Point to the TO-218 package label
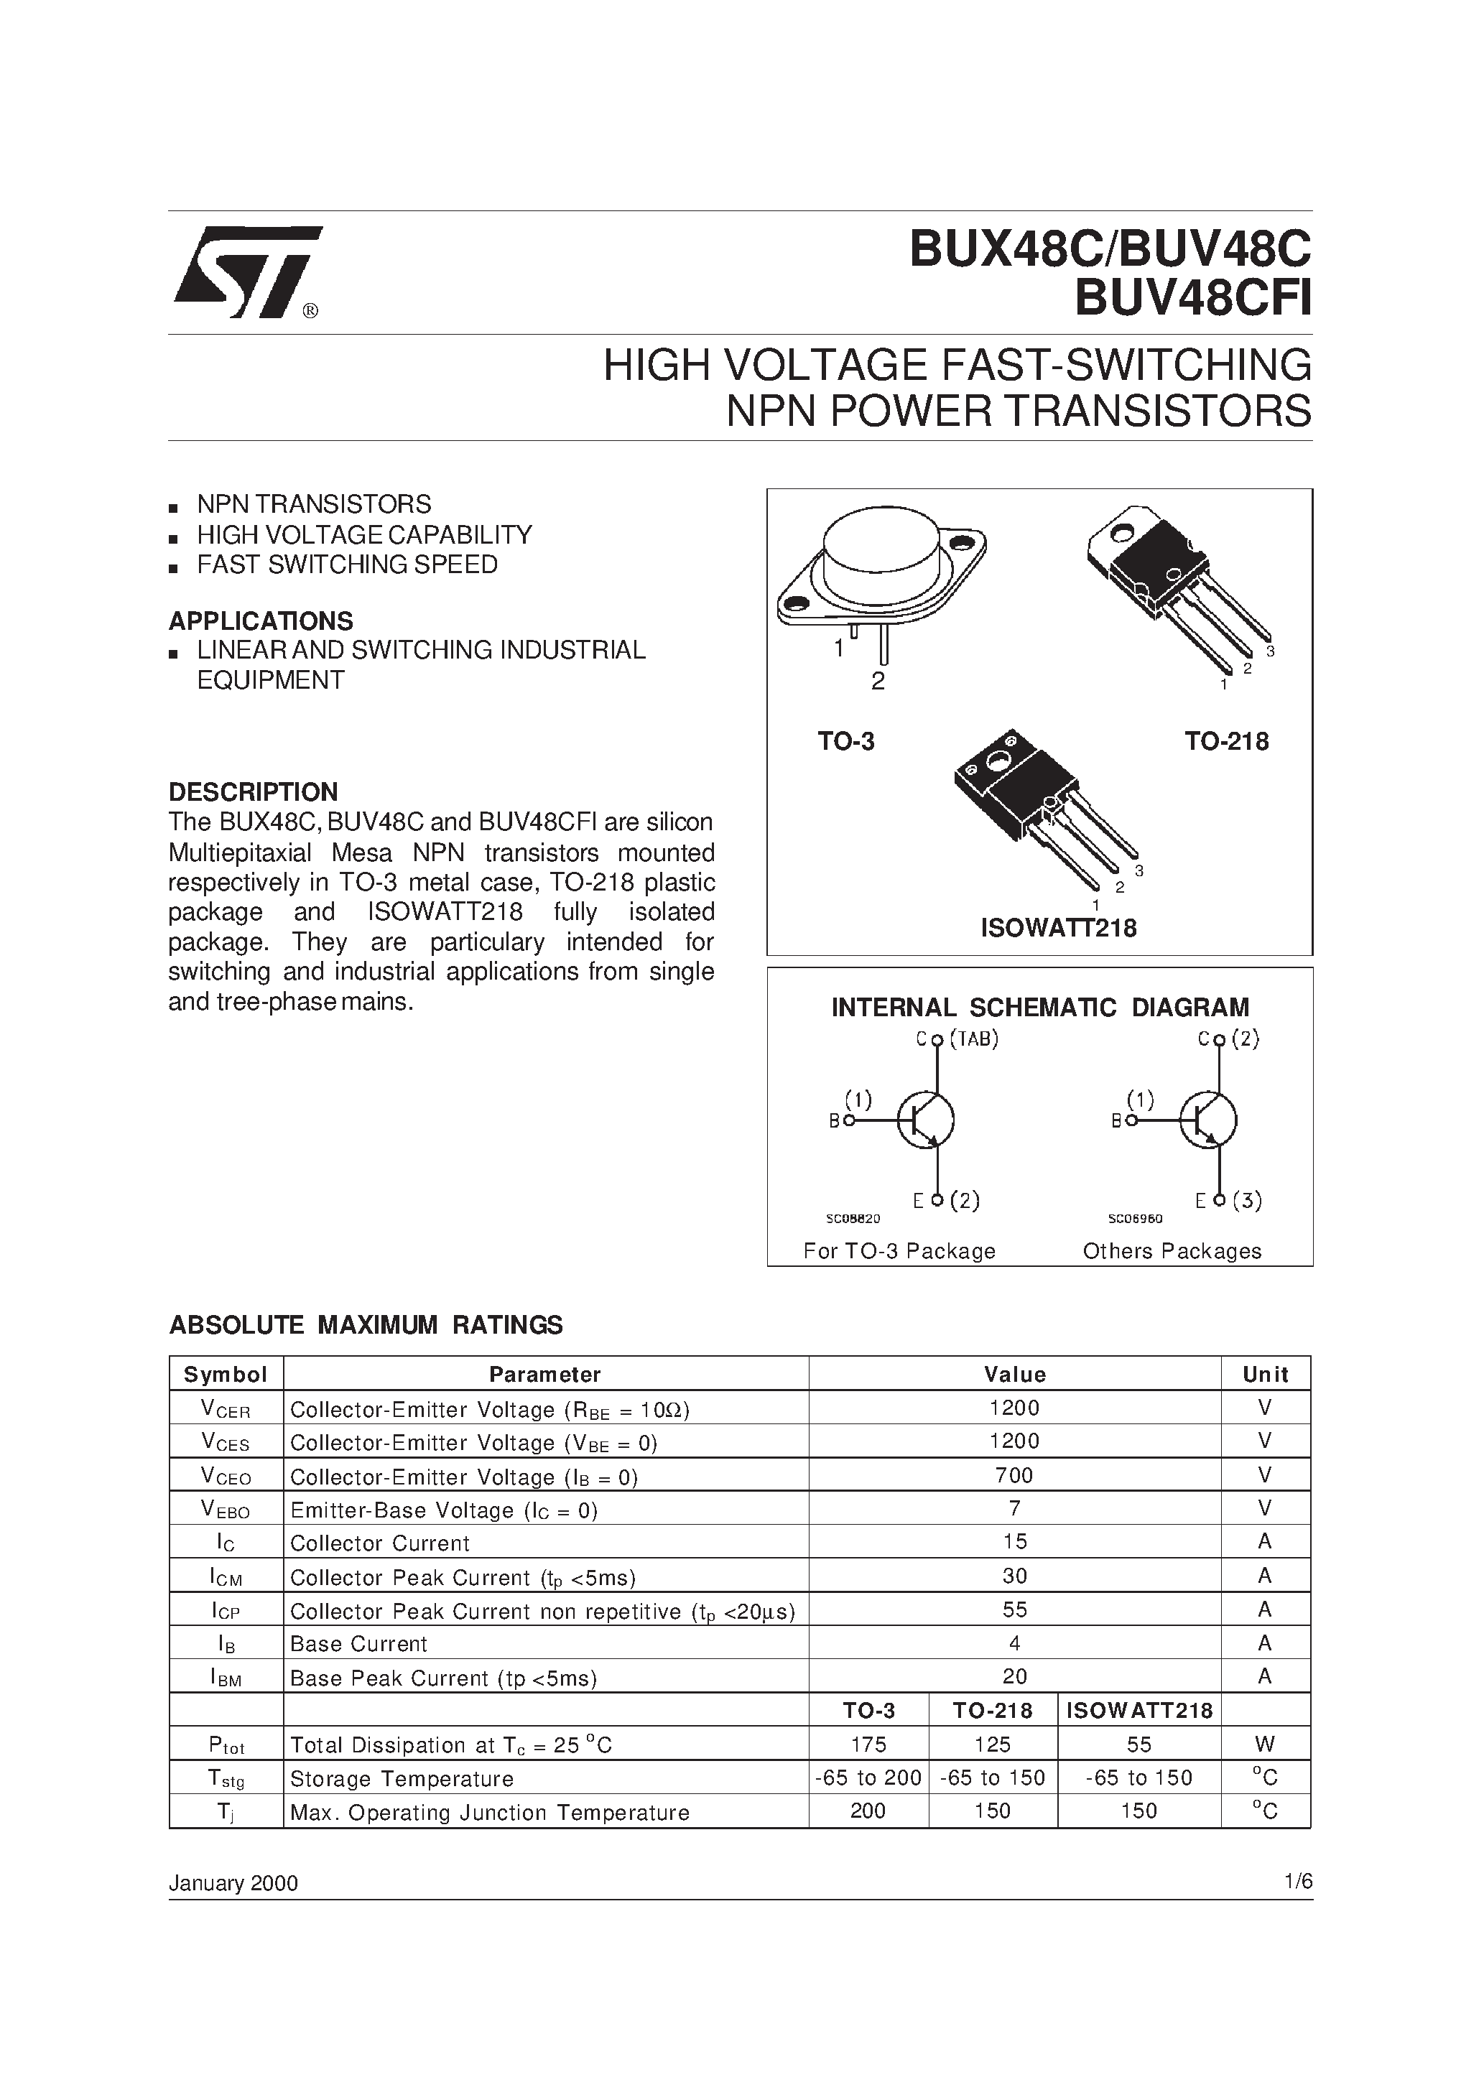[1226, 741]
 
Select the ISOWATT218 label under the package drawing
[1059, 929]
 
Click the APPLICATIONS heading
[261, 621]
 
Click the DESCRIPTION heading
[253, 791]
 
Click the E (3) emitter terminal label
[1229, 1201]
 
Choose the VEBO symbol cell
[225, 1510]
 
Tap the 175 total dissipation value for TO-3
[868, 1744]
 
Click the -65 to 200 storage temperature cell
[868, 1778]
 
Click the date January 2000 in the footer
[233, 1883]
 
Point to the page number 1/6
[1297, 1882]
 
